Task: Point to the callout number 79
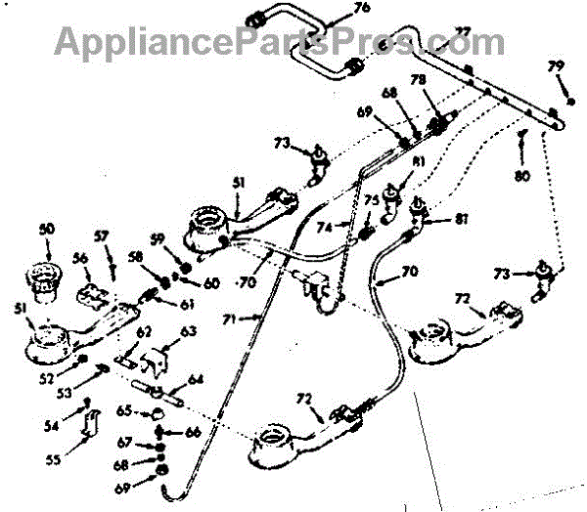click(557, 66)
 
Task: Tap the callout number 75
click(372, 200)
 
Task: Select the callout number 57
click(101, 237)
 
